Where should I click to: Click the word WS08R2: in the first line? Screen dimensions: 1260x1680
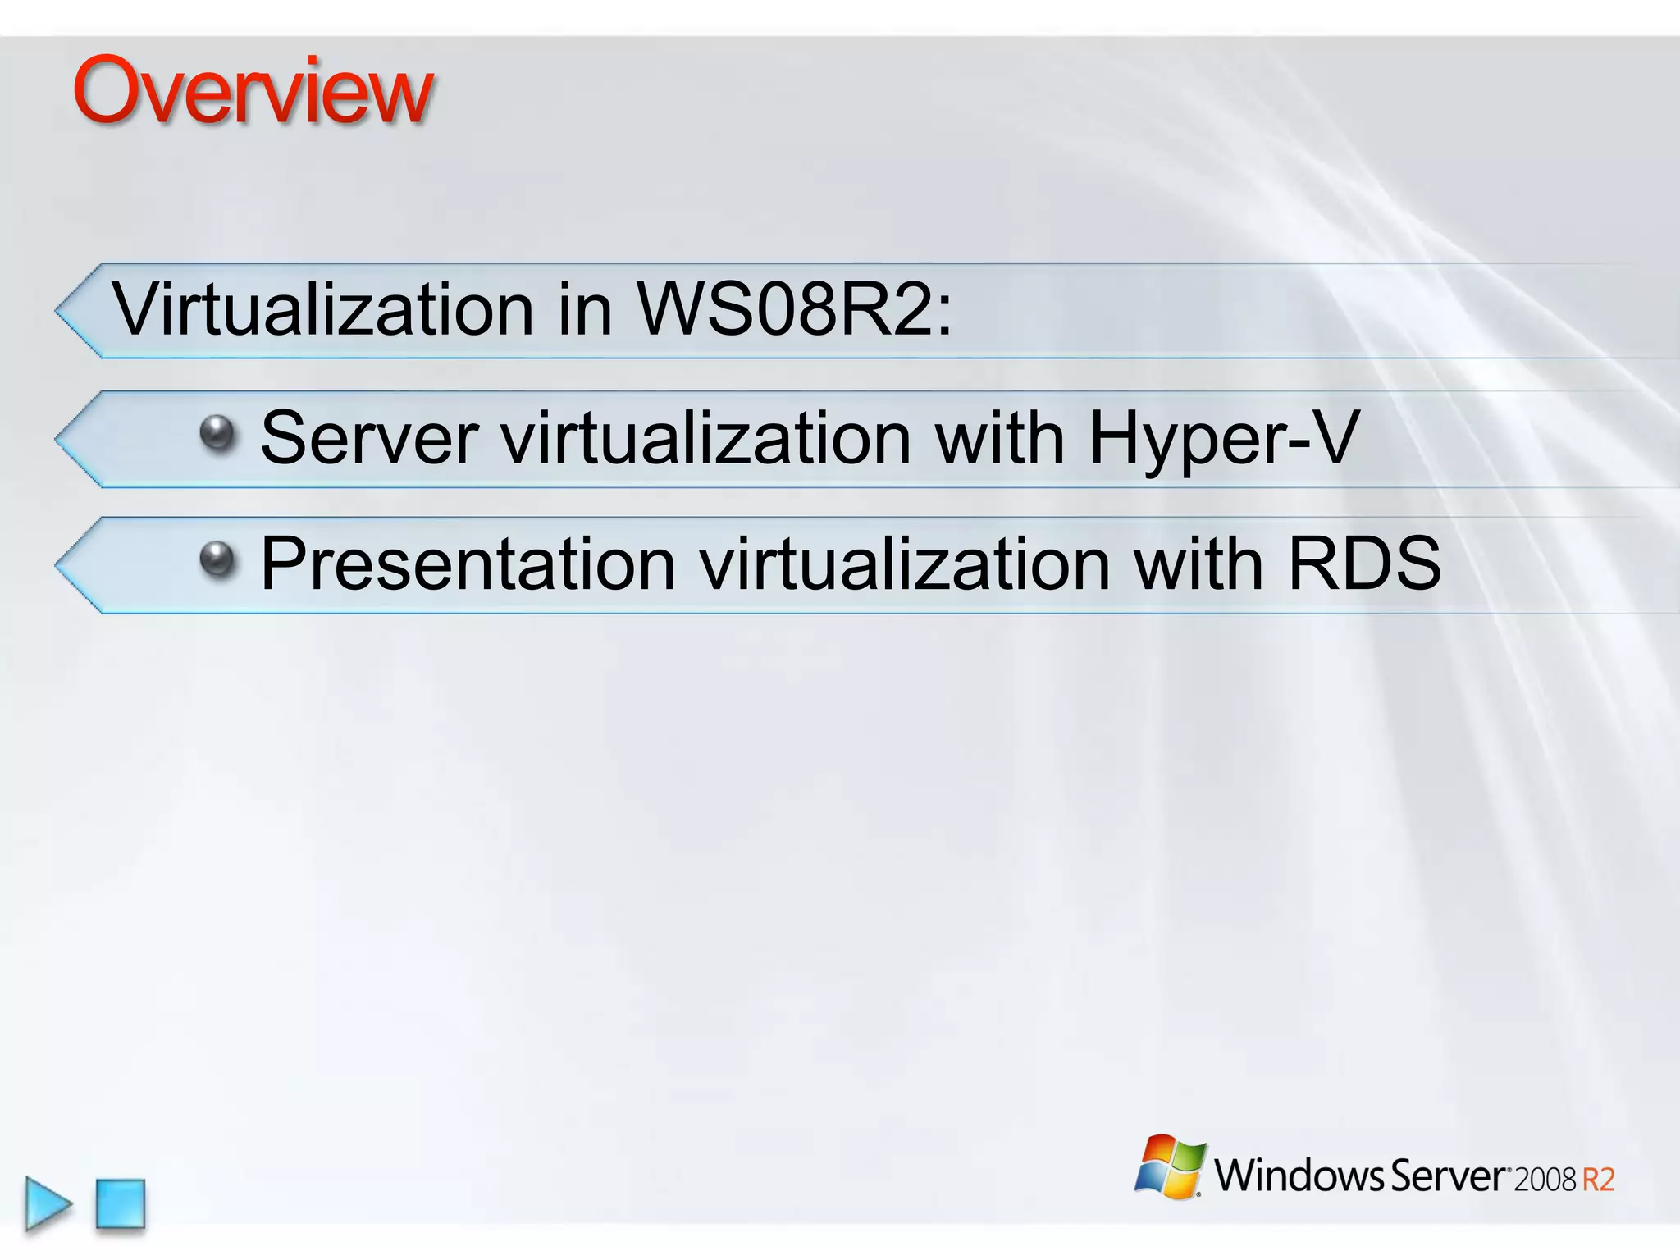click(x=795, y=309)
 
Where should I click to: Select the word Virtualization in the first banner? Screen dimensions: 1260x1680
click(x=323, y=309)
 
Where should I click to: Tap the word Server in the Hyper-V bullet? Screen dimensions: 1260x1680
click(x=369, y=438)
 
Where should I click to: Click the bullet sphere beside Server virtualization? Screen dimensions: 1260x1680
click(x=217, y=432)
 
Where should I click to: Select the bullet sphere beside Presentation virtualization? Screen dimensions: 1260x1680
click(x=217, y=559)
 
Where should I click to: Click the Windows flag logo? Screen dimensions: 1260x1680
click(x=1171, y=1166)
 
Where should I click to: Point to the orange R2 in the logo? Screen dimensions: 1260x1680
click(x=1598, y=1180)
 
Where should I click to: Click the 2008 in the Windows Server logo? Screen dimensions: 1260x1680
click(x=1545, y=1180)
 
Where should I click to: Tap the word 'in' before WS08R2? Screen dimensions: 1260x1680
click(x=585, y=309)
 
